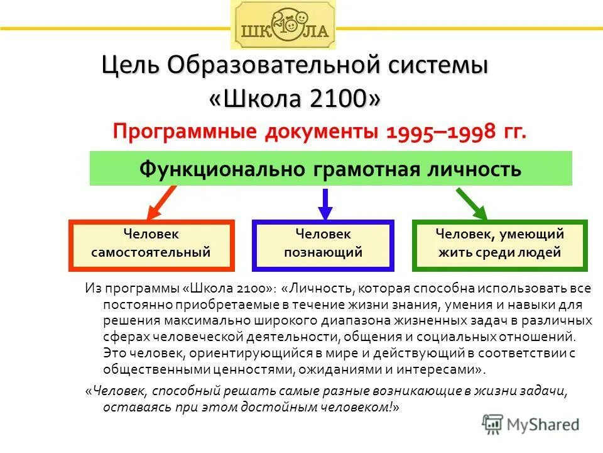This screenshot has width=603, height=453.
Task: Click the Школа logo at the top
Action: tap(283, 26)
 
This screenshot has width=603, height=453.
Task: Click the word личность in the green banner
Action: tap(484, 169)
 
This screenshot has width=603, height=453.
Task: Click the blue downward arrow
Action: tap(324, 203)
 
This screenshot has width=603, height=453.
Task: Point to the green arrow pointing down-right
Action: tap(472, 203)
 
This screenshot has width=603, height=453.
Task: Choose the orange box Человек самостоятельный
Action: tap(151, 244)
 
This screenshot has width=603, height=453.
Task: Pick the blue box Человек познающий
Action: tap(323, 244)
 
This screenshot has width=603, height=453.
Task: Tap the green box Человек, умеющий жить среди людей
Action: tap(500, 244)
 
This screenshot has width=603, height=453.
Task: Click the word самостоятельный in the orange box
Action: tap(151, 254)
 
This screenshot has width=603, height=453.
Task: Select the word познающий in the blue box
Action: tap(323, 254)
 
